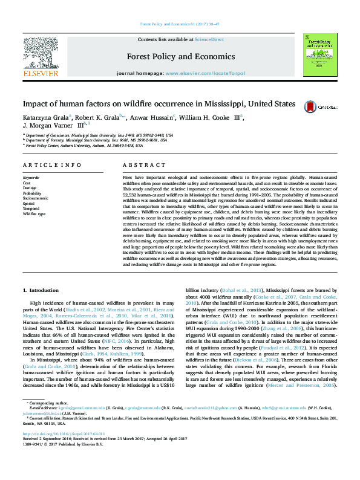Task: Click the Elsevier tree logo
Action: pos(39,56)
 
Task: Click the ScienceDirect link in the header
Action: pos(209,40)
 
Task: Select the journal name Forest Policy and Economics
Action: pos(180,56)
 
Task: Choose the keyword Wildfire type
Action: pos(34,214)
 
